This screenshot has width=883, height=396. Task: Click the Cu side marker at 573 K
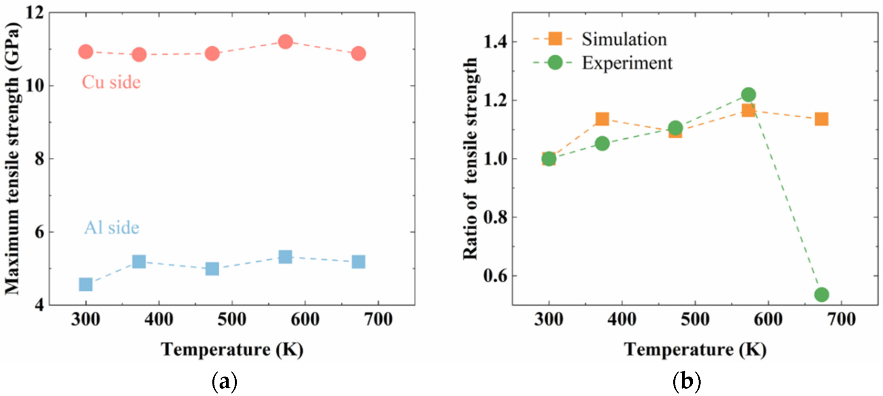pos(285,42)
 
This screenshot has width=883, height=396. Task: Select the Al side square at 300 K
pos(85,284)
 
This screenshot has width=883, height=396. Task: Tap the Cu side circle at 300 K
pos(85,52)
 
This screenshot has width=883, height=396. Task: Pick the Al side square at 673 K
pos(358,262)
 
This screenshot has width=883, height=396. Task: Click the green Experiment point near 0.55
pos(821,294)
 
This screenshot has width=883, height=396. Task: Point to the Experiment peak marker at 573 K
pos(748,95)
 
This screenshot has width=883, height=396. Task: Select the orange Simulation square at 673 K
pos(821,119)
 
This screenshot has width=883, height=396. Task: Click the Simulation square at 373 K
pos(602,119)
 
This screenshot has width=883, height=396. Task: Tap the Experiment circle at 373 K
pos(602,143)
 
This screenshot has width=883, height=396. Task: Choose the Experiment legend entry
pos(627,63)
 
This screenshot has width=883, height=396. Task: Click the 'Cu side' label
pos(111,82)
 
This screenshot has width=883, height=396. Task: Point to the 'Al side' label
pos(112,228)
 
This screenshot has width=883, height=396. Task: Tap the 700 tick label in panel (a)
pos(378,320)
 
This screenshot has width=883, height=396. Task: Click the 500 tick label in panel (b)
pos(695,320)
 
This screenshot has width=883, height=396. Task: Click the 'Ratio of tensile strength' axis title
pos(470,158)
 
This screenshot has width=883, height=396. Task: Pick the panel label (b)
pos(687,381)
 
